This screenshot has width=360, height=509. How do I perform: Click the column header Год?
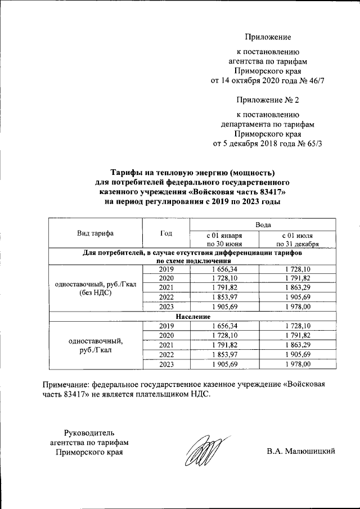pyautogui.click(x=166, y=233)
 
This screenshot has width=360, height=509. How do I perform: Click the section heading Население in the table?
pyautogui.click(x=192, y=316)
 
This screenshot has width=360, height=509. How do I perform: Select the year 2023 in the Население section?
pyautogui.click(x=166, y=364)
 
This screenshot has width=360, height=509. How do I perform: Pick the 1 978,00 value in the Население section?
pyautogui.click(x=297, y=364)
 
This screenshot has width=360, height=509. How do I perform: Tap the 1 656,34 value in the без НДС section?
pyautogui.click(x=224, y=269)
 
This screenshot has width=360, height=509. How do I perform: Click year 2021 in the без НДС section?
pyautogui.click(x=166, y=287)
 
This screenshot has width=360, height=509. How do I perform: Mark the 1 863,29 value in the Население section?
pyautogui.click(x=297, y=345)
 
